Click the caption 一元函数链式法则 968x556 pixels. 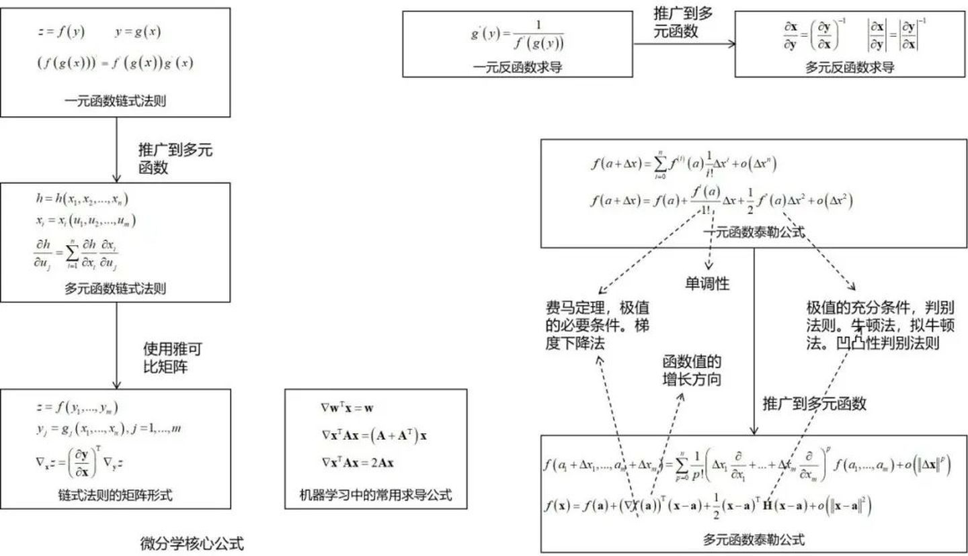pyautogui.click(x=116, y=102)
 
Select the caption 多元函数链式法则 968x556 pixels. pyautogui.click(x=116, y=289)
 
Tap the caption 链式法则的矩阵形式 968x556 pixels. pyautogui.click(x=116, y=496)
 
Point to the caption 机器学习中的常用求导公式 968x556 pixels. pyautogui.click(x=376, y=496)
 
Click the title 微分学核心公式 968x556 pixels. pyautogui.click(x=192, y=543)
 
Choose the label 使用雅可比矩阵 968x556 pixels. pyautogui.click(x=172, y=358)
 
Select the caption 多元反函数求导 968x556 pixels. pyautogui.click(x=850, y=67)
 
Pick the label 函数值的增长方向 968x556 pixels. pyautogui.click(x=692, y=370)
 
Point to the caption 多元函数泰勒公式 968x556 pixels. pyautogui.click(x=754, y=539)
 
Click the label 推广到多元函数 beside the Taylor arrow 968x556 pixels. pyautogui.click(x=814, y=404)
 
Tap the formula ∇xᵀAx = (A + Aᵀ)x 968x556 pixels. pyautogui.click(x=374, y=435)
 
